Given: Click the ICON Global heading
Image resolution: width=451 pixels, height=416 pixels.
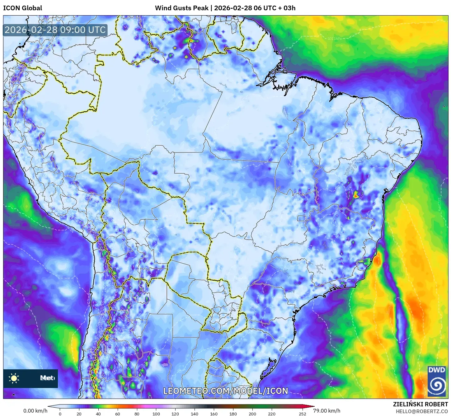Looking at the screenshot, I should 22,8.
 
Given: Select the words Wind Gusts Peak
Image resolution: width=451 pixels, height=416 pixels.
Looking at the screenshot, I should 181,8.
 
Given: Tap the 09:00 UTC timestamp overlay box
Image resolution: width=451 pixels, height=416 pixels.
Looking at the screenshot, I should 55,30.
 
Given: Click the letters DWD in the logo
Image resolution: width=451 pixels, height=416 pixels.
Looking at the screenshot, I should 436,370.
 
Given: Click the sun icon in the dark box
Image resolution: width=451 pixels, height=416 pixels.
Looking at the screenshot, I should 14,378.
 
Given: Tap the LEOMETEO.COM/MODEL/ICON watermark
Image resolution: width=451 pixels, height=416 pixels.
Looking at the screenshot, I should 226,391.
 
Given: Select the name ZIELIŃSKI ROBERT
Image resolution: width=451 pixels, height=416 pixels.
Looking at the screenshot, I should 420,404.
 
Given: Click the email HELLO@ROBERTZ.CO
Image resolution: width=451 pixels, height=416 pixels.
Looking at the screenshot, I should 422,411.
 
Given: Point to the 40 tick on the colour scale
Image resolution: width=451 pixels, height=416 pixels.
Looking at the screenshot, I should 98,414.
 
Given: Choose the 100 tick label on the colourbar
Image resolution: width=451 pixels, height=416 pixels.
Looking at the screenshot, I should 156,414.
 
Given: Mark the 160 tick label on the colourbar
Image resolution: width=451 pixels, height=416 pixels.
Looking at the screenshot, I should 214,414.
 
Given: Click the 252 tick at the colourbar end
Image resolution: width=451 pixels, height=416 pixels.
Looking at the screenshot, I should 303,414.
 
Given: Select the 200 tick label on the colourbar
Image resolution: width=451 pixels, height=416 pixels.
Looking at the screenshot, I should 252,414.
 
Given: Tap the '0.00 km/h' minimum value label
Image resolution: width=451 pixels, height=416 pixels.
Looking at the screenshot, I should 35,411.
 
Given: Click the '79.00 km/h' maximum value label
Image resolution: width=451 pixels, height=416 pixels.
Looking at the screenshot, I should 327,411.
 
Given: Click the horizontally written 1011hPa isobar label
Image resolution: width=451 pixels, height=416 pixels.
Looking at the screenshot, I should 335,39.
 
